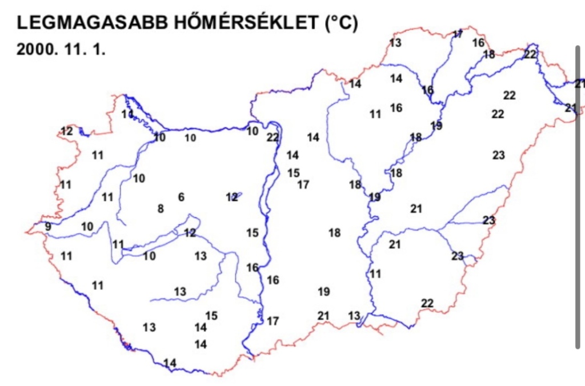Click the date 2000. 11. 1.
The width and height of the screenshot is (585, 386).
point(61,49)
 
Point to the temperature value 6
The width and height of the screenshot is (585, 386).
point(181,198)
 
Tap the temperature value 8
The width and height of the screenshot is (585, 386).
point(161,209)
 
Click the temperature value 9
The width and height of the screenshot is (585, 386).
point(48,227)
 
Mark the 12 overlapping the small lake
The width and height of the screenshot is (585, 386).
point(231,198)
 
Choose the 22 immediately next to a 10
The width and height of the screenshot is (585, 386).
point(273,137)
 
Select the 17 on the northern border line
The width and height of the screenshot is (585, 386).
point(458,34)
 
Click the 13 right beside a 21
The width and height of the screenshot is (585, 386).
point(354,316)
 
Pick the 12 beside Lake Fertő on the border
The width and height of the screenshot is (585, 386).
point(67,131)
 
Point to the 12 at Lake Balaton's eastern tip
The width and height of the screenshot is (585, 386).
point(190,233)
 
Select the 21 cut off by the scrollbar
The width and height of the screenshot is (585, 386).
point(579,84)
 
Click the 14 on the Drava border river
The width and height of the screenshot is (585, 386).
point(170,363)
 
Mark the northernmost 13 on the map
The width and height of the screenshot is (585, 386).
point(395,43)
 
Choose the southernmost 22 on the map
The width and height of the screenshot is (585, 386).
point(427,303)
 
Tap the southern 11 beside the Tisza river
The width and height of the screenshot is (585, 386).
point(375,274)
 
